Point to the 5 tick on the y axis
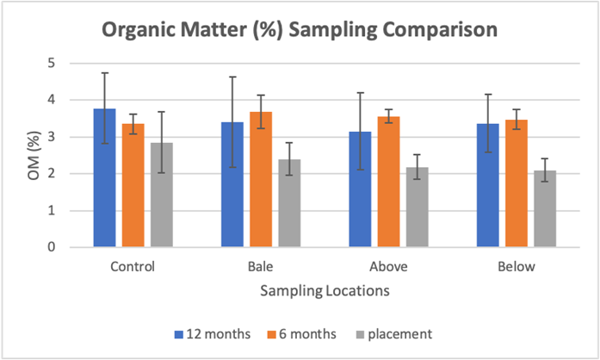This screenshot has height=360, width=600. [x=51, y=63]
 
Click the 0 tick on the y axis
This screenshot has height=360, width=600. [x=51, y=247]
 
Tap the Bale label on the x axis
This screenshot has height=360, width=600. [x=261, y=266]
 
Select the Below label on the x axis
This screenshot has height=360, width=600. [x=516, y=266]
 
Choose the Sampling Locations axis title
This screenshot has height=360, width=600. [x=325, y=292]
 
